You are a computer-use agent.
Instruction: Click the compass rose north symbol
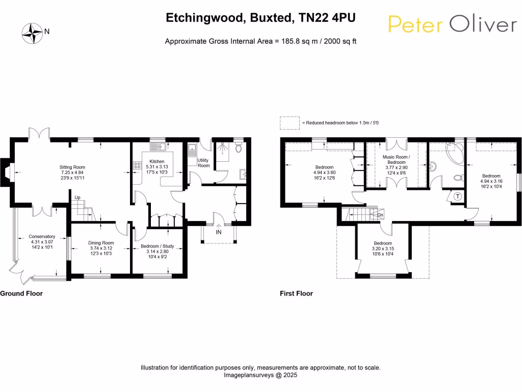click(33, 33)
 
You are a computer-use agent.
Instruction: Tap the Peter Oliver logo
click(452, 23)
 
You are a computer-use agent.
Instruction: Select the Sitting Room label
click(72, 167)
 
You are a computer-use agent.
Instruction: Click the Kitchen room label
click(153, 161)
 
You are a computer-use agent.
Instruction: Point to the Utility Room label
click(203, 163)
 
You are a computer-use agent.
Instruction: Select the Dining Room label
click(101, 243)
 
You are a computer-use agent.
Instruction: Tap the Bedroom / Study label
click(157, 246)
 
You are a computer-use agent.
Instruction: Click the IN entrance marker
click(219, 232)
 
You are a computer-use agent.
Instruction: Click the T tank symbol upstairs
click(457, 197)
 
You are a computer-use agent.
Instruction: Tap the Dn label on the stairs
click(380, 215)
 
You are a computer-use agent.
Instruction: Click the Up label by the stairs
click(77, 198)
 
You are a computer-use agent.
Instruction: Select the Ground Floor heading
click(21, 293)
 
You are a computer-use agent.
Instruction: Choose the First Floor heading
click(296, 293)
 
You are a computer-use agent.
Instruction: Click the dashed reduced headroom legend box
click(290, 122)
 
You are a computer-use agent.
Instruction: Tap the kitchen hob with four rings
click(137, 165)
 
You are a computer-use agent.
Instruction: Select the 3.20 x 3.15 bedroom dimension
click(382, 249)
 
